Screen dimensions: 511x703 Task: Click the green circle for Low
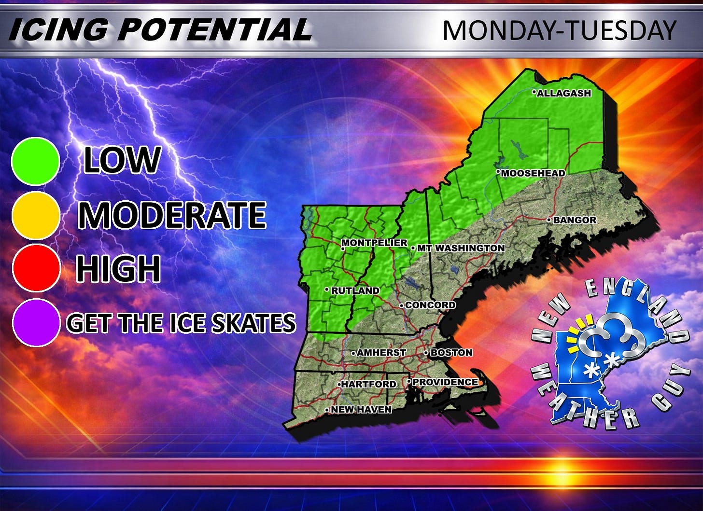coord(35,161)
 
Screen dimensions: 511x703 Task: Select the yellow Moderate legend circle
coord(35,215)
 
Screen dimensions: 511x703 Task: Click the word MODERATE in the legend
coord(172,215)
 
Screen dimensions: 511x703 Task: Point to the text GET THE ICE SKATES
coord(181,323)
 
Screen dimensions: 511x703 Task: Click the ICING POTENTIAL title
coord(159,30)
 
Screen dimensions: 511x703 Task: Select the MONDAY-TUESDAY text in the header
coord(559,30)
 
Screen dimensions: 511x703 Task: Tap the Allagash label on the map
coord(563,93)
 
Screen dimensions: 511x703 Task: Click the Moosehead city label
coord(533,173)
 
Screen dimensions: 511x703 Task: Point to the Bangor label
coord(574,220)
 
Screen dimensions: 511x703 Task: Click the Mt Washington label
coord(460,248)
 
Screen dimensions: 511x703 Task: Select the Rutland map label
coord(355,290)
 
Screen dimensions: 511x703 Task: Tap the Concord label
coord(430,305)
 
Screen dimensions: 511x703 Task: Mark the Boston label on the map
coord(451,353)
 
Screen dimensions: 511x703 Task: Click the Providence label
coord(445,382)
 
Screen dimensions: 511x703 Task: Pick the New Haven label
coord(361,410)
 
